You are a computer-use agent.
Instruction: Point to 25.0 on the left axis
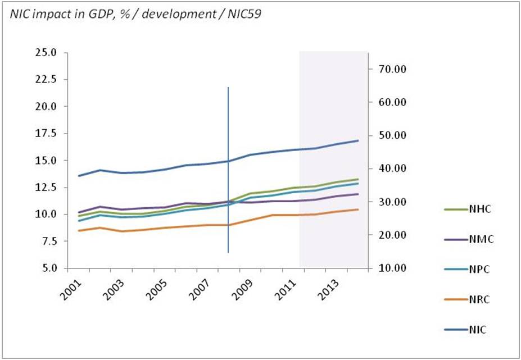46,53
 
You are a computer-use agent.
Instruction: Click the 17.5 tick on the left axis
46,134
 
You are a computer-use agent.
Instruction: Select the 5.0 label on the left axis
48,268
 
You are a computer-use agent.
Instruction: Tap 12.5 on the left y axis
46,188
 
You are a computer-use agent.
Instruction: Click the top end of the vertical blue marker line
228,88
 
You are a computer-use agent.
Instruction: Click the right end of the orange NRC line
358,209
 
